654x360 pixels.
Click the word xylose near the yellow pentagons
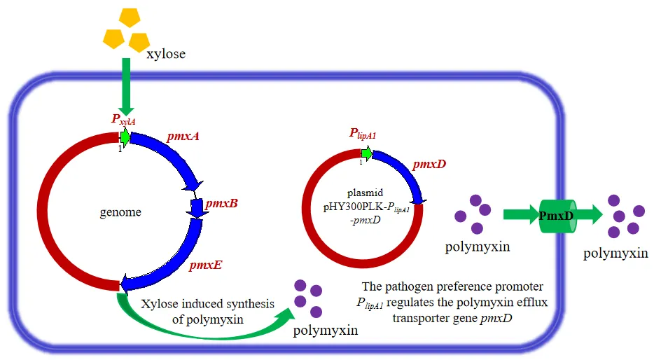coord(166,53)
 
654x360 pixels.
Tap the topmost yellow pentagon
coord(130,18)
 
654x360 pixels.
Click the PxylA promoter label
coord(123,119)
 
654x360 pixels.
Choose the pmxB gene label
coord(221,203)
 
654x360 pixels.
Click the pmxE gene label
coord(206,265)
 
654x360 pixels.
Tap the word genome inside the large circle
coord(120,212)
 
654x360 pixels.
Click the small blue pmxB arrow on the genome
coord(196,207)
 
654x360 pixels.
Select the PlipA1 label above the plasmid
coord(363,134)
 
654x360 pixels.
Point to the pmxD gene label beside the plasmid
coord(429,164)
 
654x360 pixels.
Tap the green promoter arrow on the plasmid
coord(366,153)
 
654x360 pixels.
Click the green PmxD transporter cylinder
coord(556,216)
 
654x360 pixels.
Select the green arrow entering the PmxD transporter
coord(520,215)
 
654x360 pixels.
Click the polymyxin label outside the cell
coord(615,253)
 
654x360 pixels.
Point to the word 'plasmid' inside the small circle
coord(361,192)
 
